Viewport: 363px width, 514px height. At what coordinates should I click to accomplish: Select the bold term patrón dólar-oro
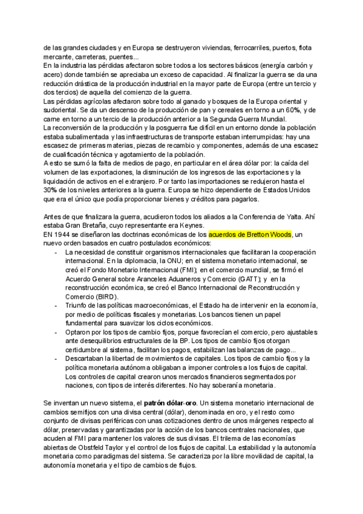[172, 403]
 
